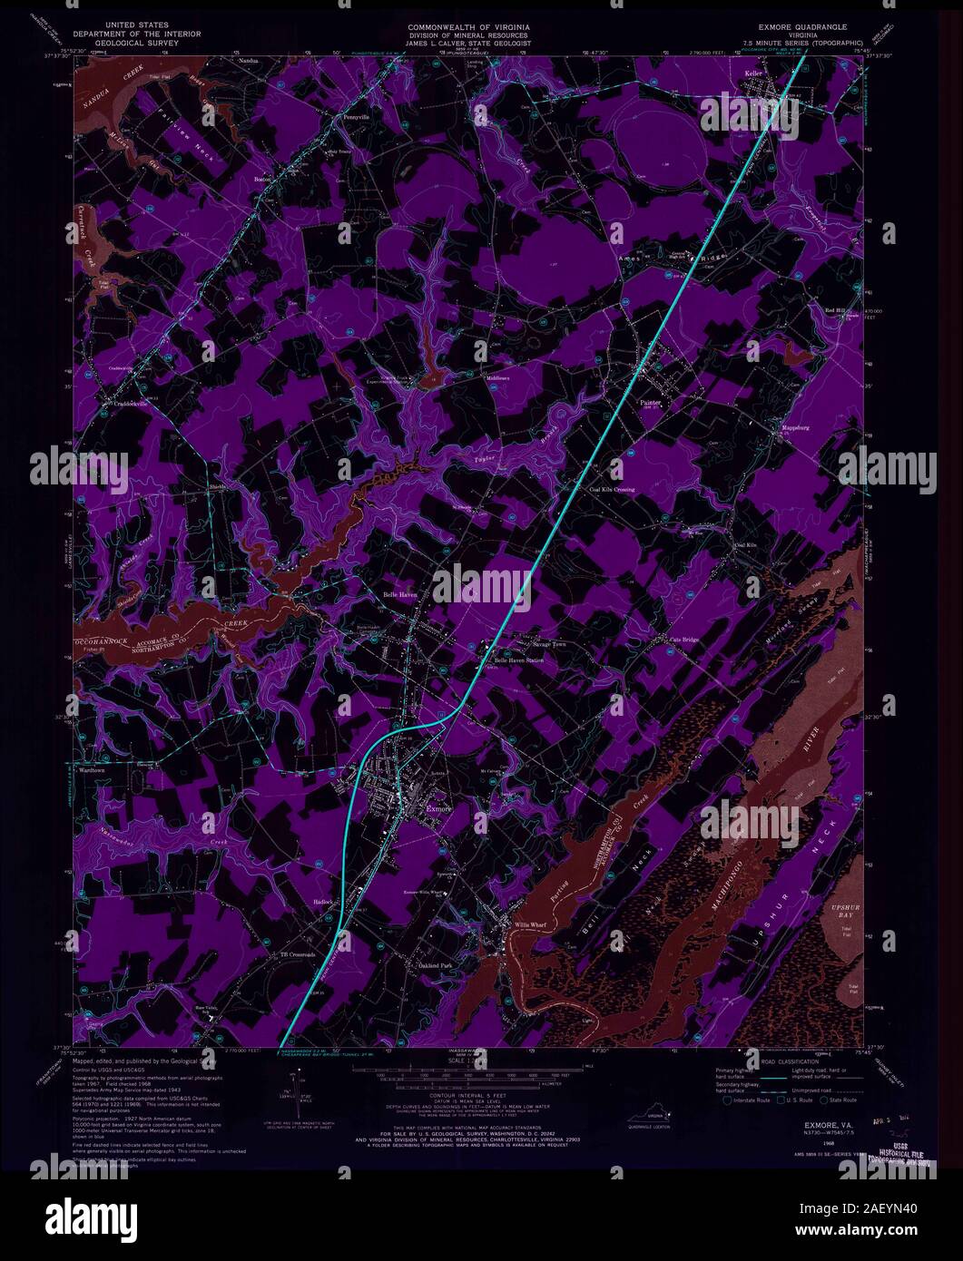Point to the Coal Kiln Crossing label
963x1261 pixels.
612,489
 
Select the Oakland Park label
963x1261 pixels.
435,965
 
